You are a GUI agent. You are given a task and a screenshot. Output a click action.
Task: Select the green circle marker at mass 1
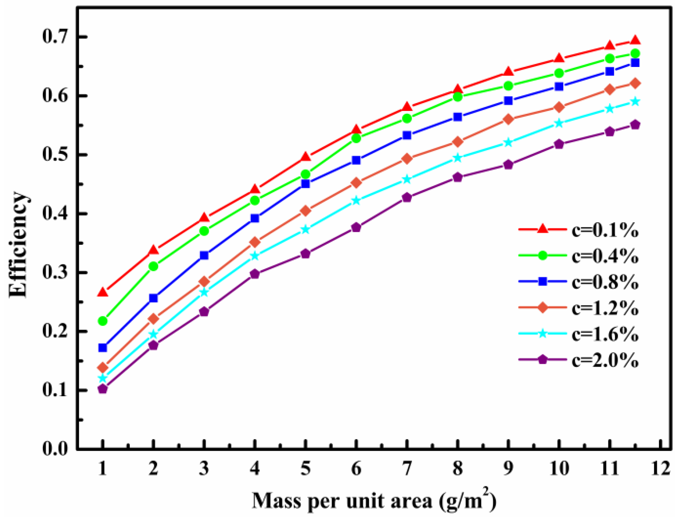103,321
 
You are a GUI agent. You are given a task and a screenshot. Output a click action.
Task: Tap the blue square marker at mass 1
103,348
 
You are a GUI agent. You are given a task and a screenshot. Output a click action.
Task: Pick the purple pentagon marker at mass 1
103,389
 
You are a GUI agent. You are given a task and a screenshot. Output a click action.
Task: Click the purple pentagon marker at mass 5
305,254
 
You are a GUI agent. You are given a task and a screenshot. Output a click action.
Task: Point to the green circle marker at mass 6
356,138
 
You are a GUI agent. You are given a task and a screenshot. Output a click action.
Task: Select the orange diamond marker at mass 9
508,119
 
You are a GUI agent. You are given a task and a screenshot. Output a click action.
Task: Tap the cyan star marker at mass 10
559,123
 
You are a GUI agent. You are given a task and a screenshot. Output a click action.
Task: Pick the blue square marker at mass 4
255,218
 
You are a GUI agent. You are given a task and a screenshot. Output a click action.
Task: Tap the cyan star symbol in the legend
543,334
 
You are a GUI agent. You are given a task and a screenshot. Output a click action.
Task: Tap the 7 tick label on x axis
407,468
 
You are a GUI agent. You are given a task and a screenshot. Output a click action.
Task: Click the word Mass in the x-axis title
275,500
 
